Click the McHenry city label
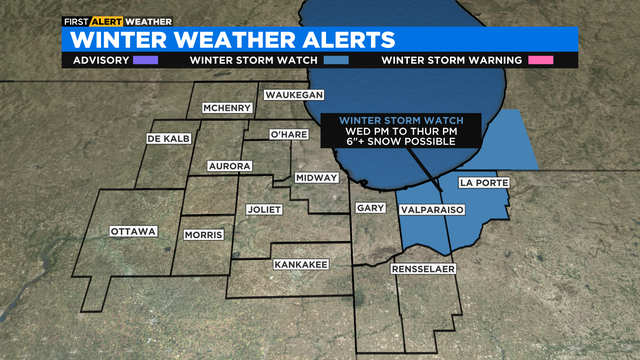[226, 108]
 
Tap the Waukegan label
[294, 95]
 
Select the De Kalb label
[168, 138]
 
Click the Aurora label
[228, 165]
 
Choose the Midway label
[316, 178]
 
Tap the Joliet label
[265, 210]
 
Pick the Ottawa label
[133, 232]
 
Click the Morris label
[205, 235]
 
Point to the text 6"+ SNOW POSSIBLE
[400, 142]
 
